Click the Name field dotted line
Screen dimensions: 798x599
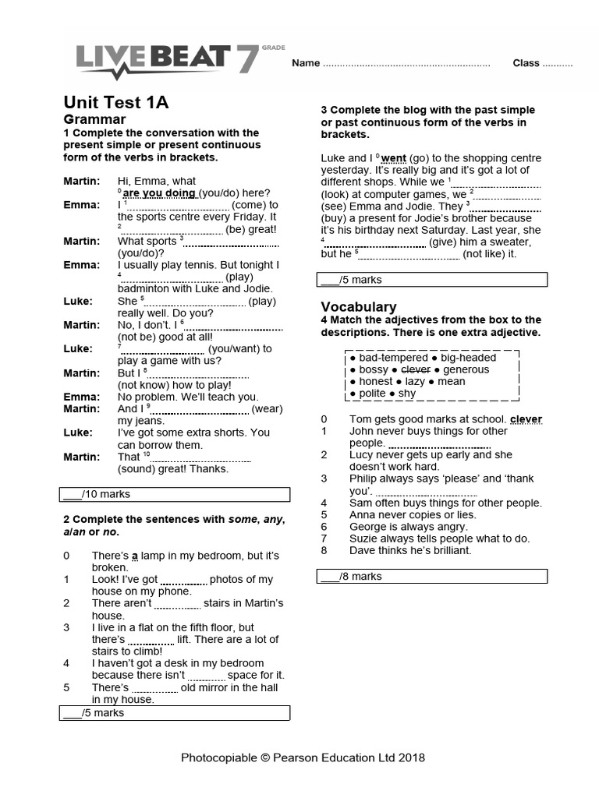tap(406, 65)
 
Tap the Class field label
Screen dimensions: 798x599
tap(526, 63)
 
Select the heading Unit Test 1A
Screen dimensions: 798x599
tap(115, 103)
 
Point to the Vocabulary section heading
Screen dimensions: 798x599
tap(359, 307)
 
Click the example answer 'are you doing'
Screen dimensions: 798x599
tap(159, 193)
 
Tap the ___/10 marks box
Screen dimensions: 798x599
tap(175, 494)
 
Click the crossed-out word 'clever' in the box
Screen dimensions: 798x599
tap(416, 369)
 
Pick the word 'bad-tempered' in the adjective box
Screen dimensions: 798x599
tap(390, 358)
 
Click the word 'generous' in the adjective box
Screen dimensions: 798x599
tap(466, 369)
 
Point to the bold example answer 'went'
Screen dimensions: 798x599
tap(394, 158)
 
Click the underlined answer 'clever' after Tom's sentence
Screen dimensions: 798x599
tap(526, 419)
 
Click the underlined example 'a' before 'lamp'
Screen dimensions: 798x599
tap(134, 556)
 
